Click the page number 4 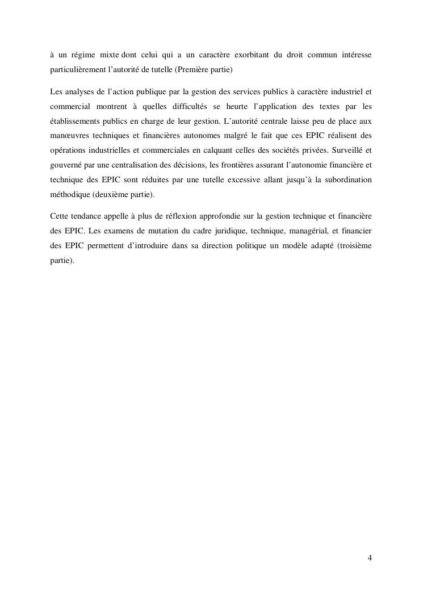[370, 558]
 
